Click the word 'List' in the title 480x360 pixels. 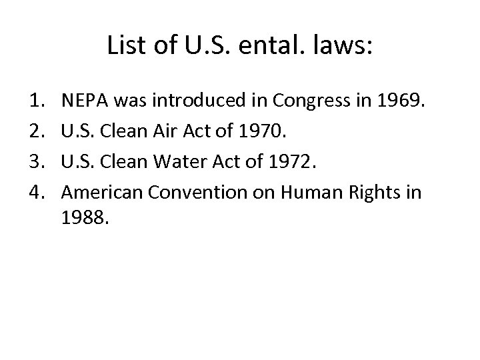pos(123,46)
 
